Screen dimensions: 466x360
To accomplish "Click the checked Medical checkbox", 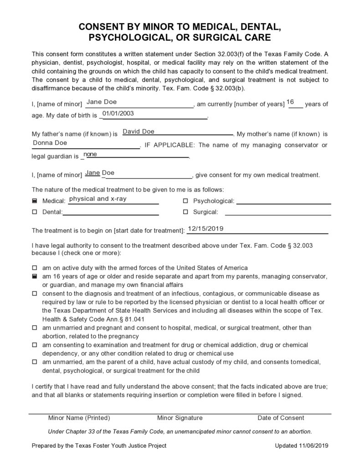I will point(35,201).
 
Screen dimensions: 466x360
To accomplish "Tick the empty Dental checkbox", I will point(35,212).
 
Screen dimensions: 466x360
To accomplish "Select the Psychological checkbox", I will point(185,201).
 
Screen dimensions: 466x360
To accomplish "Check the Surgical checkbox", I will point(185,212).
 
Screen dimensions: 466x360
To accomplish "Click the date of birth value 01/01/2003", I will point(118,114).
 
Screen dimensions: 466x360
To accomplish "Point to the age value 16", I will point(290,102).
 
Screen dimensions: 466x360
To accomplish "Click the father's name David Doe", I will point(139,132).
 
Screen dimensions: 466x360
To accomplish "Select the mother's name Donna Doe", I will point(50,143).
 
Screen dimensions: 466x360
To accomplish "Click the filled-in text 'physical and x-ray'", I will point(98,199).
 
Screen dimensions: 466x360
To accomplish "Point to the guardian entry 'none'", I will point(90,155).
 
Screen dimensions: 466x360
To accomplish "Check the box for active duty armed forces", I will point(35,268).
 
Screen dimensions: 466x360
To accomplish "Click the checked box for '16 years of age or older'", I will point(35,277).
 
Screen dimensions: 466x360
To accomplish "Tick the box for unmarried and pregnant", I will point(35,328).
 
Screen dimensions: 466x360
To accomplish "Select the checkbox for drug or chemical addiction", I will point(35,345).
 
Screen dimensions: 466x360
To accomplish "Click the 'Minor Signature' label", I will point(180,418).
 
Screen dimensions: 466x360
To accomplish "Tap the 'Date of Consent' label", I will point(281,418).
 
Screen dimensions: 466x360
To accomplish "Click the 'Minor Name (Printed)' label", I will point(79,418).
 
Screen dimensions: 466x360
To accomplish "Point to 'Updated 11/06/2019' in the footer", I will point(302,445).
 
